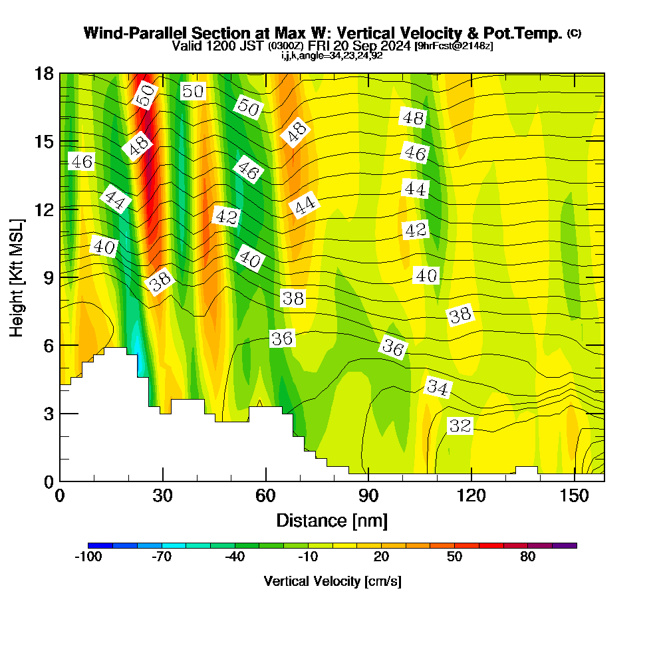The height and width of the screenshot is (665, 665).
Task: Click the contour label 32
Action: tap(460, 426)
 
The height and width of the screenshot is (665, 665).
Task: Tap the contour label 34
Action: tap(438, 387)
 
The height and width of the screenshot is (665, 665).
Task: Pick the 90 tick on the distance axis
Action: tap(368, 495)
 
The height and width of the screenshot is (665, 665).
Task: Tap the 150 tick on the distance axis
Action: tap(574, 495)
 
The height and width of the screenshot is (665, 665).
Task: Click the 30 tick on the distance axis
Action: tap(163, 495)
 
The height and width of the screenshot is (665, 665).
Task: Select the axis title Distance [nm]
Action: tap(332, 519)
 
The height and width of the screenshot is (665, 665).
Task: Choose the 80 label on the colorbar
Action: tap(527, 557)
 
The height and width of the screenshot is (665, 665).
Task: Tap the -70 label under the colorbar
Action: tap(162, 557)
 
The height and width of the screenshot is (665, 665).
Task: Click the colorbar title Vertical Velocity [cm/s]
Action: tap(332, 581)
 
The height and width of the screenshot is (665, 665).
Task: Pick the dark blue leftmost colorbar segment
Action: tap(100, 545)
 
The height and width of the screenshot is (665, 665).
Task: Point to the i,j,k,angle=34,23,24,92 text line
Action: tap(332, 55)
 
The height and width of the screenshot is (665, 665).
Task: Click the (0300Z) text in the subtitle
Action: tap(286, 46)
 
